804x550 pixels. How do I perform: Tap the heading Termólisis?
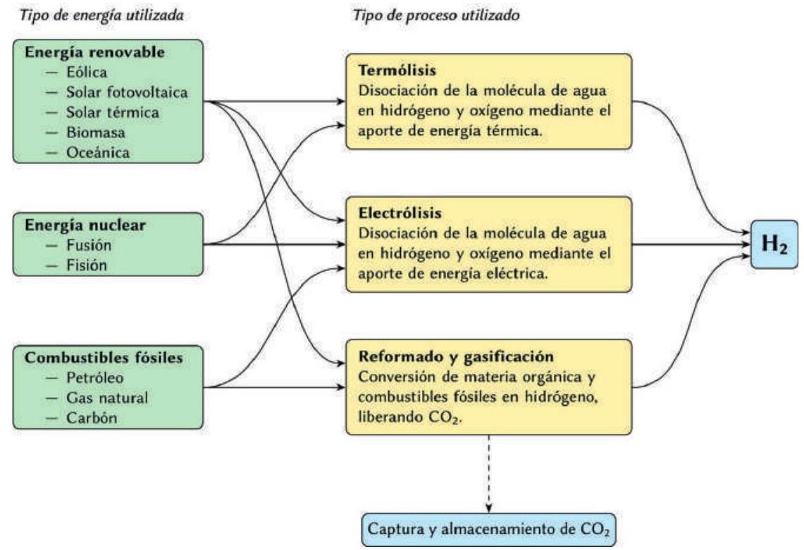pos(388,73)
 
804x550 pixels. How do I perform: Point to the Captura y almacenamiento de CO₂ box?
pos(489,530)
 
